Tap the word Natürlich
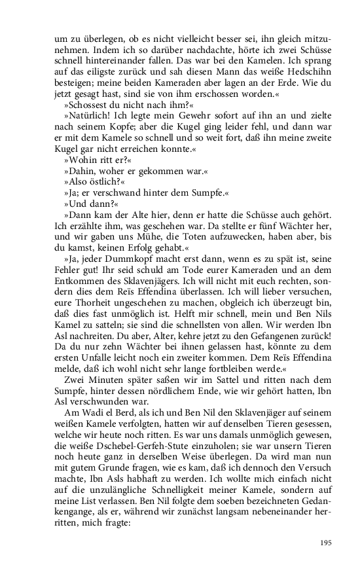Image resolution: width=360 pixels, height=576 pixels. click(x=90, y=117)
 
